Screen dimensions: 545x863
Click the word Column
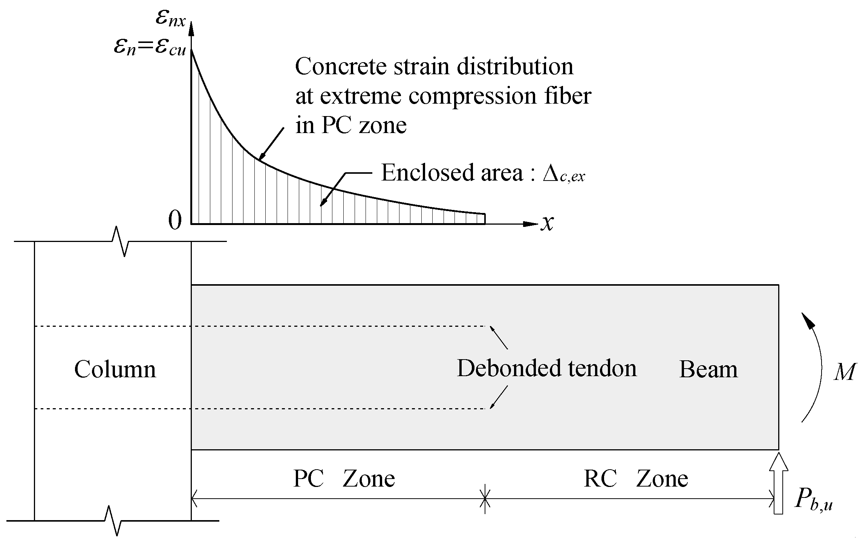[x=115, y=369]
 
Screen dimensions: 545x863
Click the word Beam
[x=708, y=369]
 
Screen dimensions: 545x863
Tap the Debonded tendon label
[x=546, y=368]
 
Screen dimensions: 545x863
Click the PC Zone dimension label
[x=344, y=479]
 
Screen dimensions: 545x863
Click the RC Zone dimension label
[x=636, y=479]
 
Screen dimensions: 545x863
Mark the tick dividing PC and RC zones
[x=485, y=499]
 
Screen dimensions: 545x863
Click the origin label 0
[x=175, y=220]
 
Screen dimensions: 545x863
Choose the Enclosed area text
[x=452, y=173]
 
